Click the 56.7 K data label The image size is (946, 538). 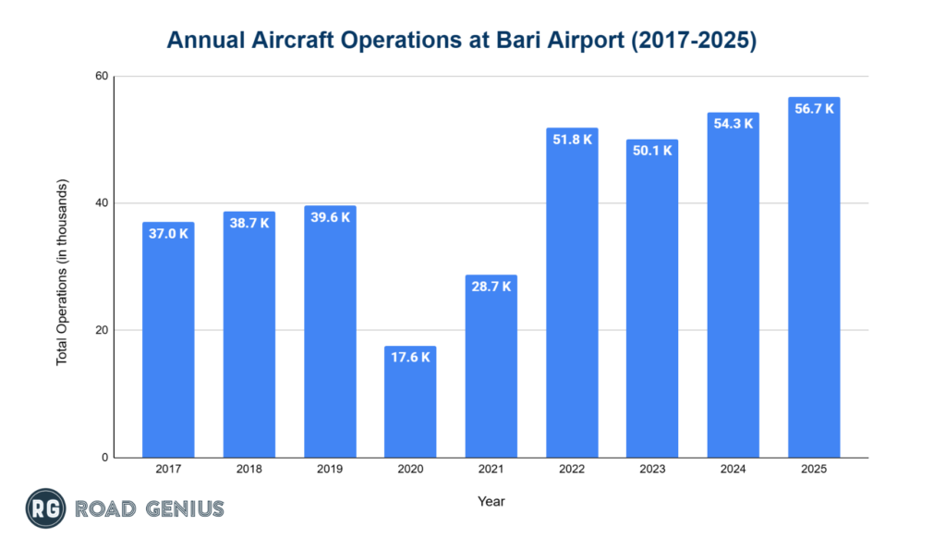(x=814, y=108)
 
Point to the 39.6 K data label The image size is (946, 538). (x=330, y=217)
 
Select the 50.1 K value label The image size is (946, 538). (x=652, y=151)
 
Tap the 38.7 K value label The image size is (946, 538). (x=249, y=223)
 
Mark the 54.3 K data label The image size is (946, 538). (x=734, y=124)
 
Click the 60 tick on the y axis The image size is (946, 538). (x=101, y=76)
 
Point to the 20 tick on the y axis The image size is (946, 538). (x=101, y=330)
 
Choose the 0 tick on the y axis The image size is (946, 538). (x=104, y=458)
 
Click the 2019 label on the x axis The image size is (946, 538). (x=330, y=470)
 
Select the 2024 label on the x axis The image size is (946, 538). (x=734, y=470)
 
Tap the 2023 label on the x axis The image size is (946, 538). (x=652, y=470)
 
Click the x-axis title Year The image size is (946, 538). (x=491, y=501)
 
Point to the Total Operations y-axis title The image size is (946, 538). (x=62, y=266)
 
